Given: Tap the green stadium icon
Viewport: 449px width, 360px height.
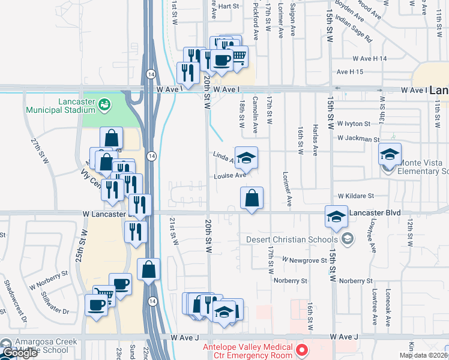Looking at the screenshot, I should (105, 106).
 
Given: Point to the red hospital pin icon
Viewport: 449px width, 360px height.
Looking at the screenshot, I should (303, 349).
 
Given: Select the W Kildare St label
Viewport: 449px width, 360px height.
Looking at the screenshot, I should (355, 196).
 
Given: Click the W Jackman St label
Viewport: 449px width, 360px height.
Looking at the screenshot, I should (358, 138).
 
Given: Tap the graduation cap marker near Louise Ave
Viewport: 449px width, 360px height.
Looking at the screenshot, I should (246, 158).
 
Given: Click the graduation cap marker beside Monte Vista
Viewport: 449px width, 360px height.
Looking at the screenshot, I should (390, 155).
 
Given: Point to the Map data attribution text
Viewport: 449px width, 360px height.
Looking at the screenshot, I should (424, 355).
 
